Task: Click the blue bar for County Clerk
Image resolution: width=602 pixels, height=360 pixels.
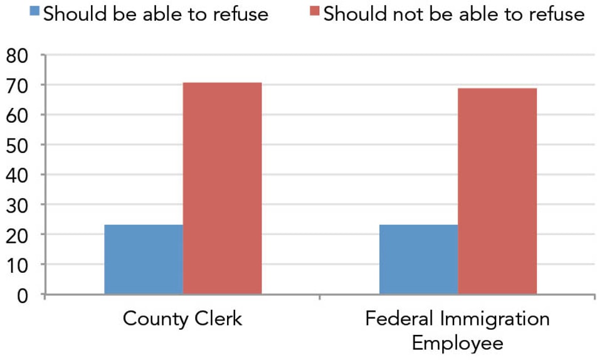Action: click(x=144, y=259)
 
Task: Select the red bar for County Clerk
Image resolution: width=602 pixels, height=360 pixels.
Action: click(x=222, y=188)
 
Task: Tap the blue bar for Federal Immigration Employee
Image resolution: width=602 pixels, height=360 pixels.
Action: click(x=419, y=259)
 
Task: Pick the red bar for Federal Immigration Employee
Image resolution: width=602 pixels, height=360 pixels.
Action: click(x=497, y=191)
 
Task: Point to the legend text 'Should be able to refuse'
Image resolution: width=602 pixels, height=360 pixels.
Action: click(x=156, y=14)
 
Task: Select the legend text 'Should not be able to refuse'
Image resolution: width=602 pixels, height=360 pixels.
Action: click(x=454, y=14)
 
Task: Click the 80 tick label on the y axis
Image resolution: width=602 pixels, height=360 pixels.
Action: click(x=18, y=55)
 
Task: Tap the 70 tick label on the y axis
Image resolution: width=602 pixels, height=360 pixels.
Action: click(x=18, y=85)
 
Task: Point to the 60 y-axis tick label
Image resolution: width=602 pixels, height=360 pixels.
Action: click(x=18, y=115)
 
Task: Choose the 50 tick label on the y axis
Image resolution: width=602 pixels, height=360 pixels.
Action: click(x=18, y=145)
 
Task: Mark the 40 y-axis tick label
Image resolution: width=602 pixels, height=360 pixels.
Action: click(x=18, y=174)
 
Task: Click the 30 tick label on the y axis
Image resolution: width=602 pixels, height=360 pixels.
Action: click(x=18, y=204)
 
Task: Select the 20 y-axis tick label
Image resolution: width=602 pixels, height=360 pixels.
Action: click(x=18, y=235)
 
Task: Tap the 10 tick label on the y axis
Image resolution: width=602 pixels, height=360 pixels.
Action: click(x=18, y=264)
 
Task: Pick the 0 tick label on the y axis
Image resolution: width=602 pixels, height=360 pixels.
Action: click(x=23, y=294)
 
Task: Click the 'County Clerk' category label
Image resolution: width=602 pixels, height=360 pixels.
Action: click(x=182, y=319)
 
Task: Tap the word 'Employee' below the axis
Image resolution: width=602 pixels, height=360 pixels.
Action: click(x=458, y=343)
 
